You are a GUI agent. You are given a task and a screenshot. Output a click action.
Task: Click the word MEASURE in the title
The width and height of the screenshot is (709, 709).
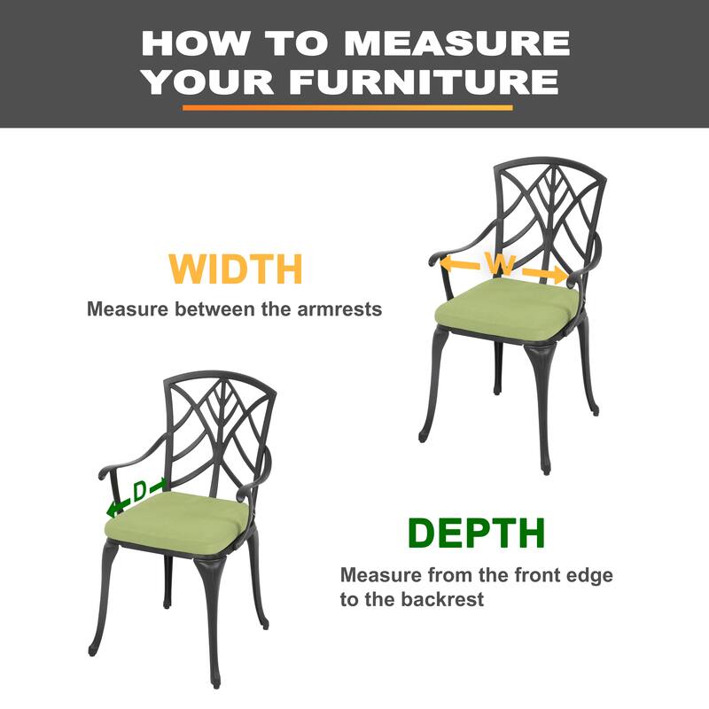click(456, 43)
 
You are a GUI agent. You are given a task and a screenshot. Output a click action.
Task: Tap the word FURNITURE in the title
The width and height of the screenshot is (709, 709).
click(425, 82)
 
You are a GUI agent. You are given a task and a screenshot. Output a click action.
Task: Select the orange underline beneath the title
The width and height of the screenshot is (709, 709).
click(347, 107)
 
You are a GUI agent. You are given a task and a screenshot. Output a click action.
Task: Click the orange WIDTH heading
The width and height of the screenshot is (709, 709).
click(236, 269)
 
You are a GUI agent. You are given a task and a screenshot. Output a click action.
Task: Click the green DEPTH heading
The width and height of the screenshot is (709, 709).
click(477, 534)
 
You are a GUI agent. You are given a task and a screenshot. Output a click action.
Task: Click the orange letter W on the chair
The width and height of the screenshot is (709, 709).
click(500, 263)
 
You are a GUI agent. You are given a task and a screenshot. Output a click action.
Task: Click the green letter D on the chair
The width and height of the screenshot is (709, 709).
click(140, 491)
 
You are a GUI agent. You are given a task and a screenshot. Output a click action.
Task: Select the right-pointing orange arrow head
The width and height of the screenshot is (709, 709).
click(559, 276)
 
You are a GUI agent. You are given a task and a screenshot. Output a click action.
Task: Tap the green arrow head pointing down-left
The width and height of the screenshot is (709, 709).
click(113, 509)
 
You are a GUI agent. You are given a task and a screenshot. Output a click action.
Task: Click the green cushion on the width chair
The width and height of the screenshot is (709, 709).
click(507, 308)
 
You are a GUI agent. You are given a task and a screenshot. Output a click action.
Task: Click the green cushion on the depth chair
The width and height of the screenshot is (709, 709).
click(176, 522)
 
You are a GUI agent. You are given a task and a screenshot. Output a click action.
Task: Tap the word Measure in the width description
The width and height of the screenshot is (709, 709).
click(128, 309)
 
